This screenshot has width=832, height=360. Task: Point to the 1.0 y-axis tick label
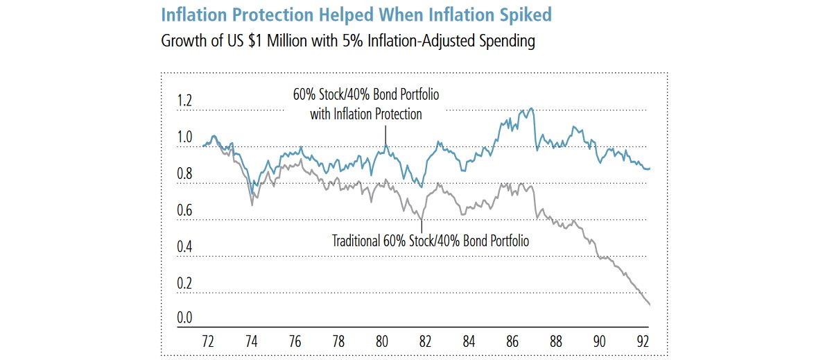pos(184,137)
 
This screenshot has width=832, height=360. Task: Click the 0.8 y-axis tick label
pos(184,174)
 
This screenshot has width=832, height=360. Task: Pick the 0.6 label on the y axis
pos(184,210)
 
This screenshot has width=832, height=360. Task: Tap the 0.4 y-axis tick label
pos(184,247)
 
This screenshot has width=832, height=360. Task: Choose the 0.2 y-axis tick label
pos(184,283)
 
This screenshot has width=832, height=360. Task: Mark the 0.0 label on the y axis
pos(184,318)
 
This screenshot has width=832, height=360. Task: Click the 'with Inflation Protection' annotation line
pos(365,114)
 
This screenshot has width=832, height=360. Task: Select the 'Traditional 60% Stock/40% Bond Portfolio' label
pos(431,241)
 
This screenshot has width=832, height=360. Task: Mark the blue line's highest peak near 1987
pos(531,108)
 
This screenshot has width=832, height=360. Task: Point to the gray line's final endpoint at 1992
pos(650,305)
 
